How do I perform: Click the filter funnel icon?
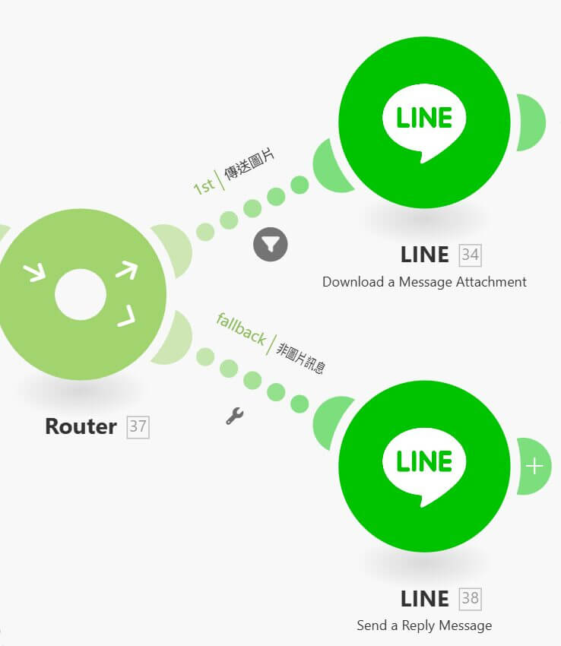271,244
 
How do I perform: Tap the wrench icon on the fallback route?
235,416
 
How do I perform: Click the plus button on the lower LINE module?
534,466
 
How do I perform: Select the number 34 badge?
471,255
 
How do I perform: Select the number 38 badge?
471,598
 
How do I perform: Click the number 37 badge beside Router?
138,426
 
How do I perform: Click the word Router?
81,426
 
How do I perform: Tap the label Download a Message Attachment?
424,282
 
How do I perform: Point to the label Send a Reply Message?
424,625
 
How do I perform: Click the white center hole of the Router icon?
81,294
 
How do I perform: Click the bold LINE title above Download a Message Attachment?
424,255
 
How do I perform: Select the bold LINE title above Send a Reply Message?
424,598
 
